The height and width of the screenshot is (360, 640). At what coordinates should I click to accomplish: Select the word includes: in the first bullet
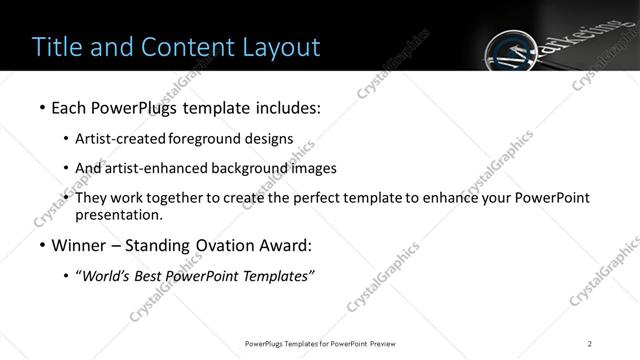[x=289, y=106]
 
